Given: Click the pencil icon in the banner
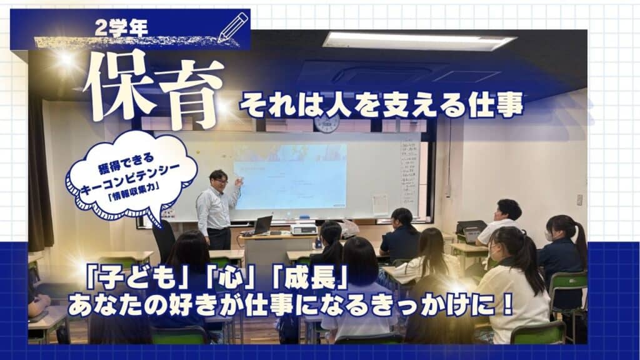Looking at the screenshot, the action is tap(233, 27).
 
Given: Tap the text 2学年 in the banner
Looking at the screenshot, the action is tap(121, 28).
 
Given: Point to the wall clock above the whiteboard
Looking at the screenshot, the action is tap(326, 123).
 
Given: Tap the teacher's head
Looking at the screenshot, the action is tap(218, 179).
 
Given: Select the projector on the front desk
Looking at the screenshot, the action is tap(303, 229).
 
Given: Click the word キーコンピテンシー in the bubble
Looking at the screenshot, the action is tap(130, 181).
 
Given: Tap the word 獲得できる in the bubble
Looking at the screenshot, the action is tap(126, 162).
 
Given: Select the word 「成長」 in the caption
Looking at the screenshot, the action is tap(309, 278).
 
